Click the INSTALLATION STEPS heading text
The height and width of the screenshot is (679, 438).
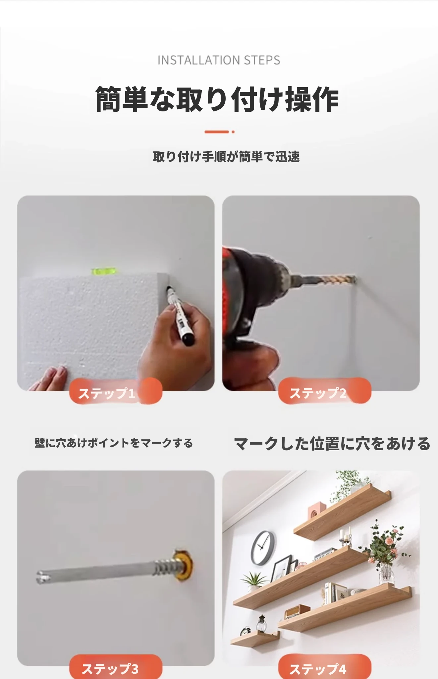219,60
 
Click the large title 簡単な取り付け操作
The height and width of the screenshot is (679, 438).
217,99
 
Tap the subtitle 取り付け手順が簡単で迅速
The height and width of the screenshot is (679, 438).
226,156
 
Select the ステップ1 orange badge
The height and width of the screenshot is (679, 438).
116,391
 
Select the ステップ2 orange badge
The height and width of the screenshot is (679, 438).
325,391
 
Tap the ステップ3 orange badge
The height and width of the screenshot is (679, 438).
116,667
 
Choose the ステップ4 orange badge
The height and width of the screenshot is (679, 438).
325,667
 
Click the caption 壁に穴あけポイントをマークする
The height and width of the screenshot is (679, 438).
114,443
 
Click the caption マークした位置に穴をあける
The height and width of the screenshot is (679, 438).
332,444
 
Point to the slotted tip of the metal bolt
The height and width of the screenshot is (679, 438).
40,577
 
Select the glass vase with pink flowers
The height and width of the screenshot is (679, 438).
386,574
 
